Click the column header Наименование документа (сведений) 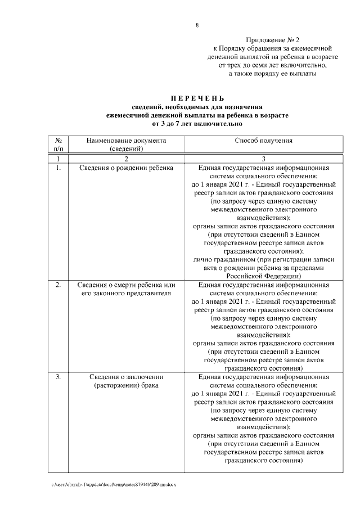click(126, 145)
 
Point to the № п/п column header click(58, 145)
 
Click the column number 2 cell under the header click(126, 159)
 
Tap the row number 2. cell click(58, 285)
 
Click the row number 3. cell click(58, 376)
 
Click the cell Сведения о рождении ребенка click(126, 168)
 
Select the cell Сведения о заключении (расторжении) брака click(126, 381)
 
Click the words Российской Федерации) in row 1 click(263, 276)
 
